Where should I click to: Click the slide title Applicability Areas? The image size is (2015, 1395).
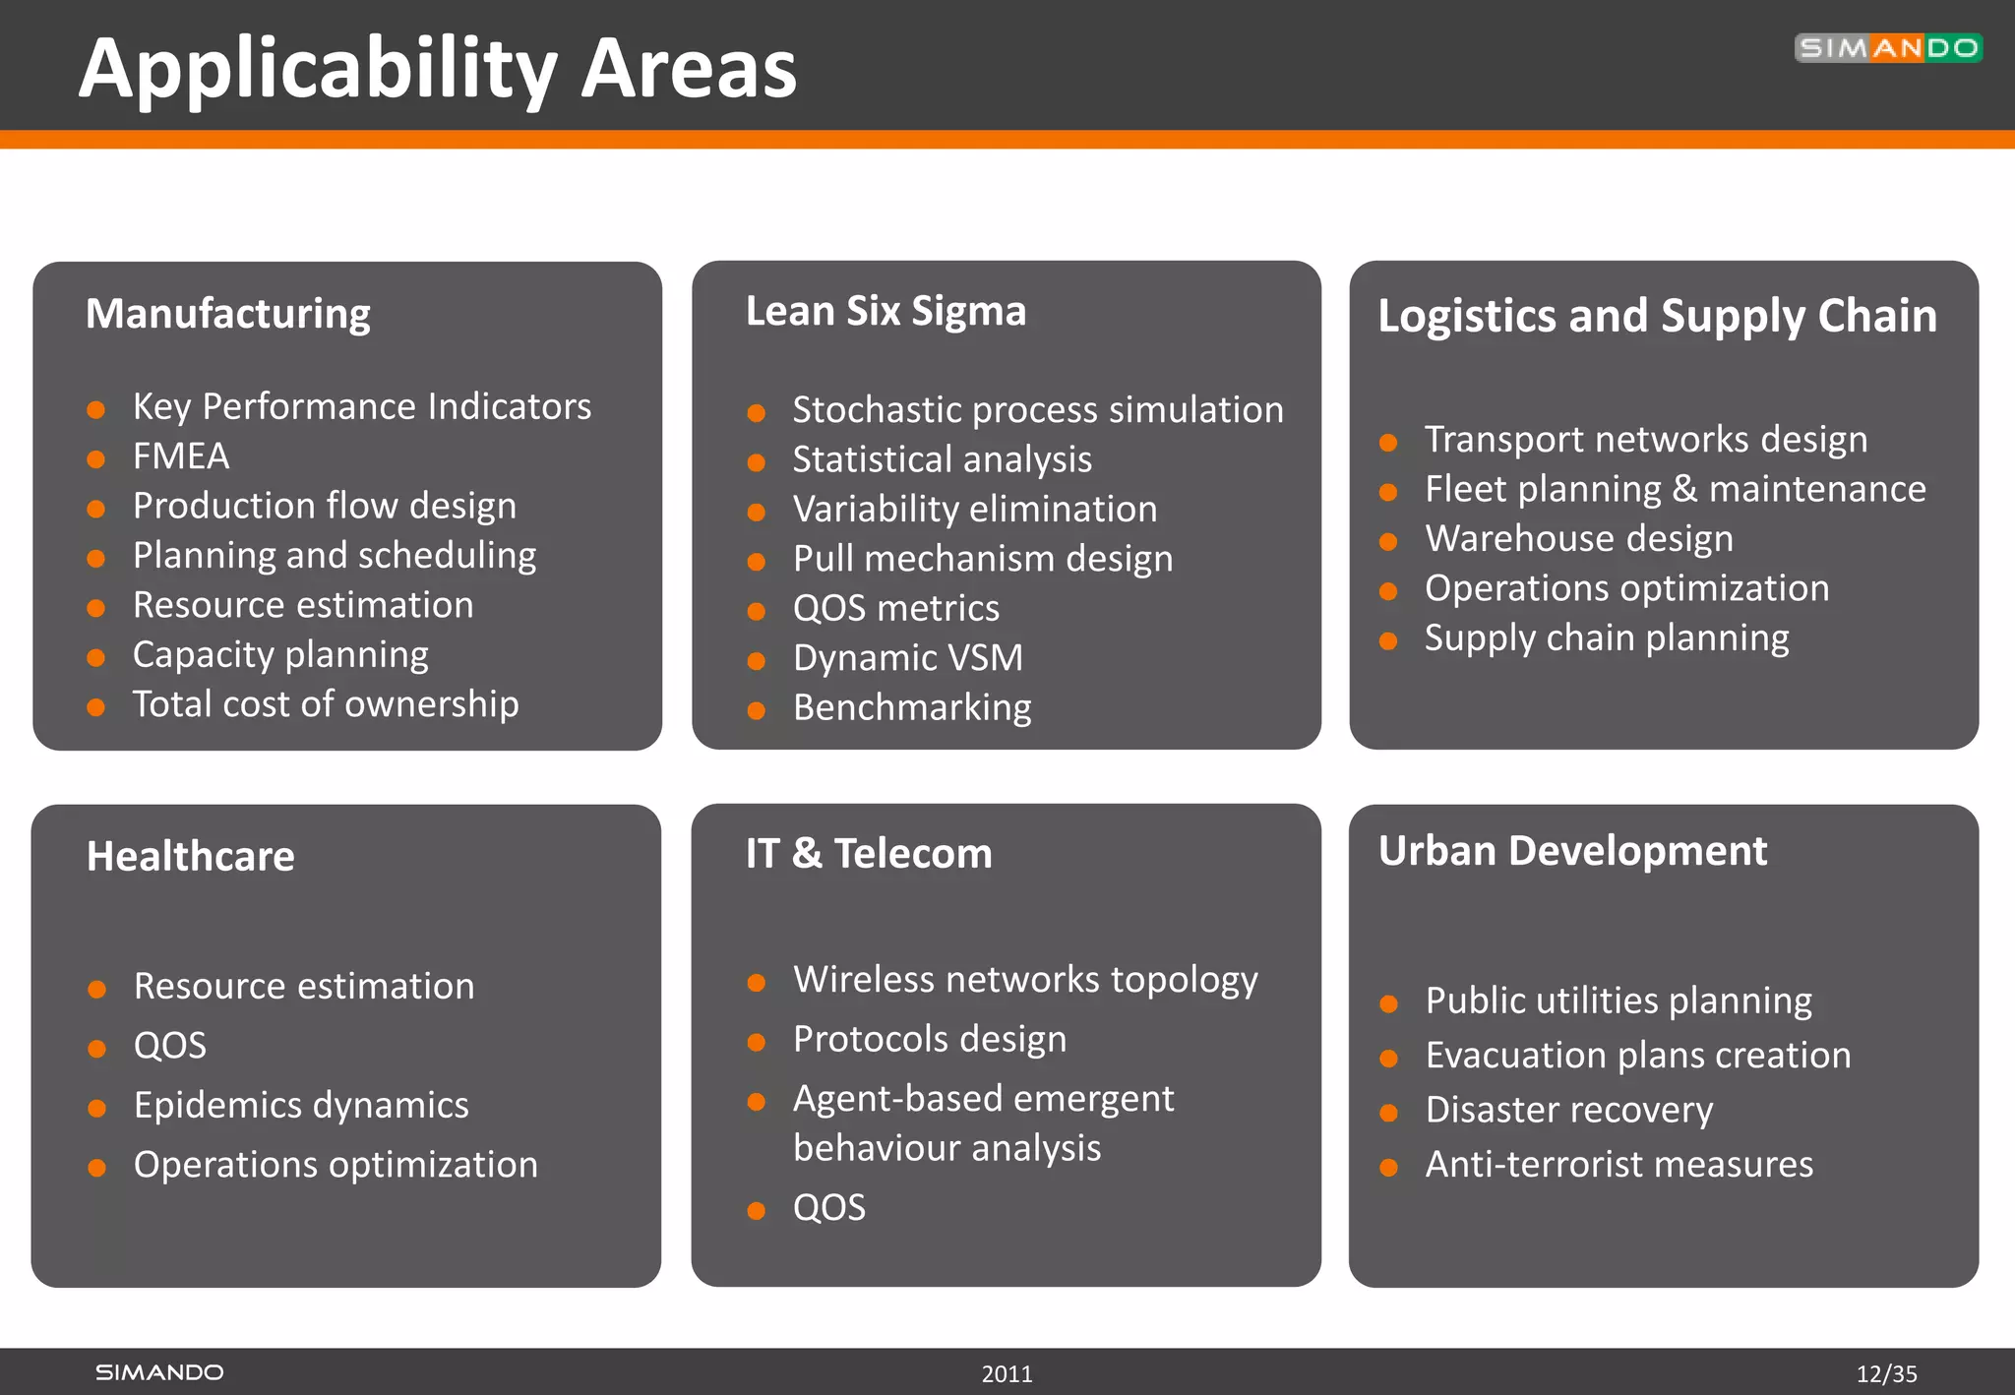tap(437, 69)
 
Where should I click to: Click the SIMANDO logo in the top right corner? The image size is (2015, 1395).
tap(1887, 47)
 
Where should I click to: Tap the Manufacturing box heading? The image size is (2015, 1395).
tap(227, 314)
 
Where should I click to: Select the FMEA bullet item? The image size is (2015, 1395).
tap(181, 456)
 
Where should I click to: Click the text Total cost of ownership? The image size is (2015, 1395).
tap(326, 704)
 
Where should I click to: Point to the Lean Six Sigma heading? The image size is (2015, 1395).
tap(885, 311)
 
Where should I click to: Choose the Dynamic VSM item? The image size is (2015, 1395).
tap(907, 658)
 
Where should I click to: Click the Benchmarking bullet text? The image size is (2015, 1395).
tap(912, 707)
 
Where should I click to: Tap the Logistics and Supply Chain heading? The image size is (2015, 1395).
tap(1657, 316)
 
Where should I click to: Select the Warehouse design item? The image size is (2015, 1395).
tap(1578, 539)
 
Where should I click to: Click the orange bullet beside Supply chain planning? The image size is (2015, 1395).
tap(1388, 641)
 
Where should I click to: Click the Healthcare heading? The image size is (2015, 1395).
tap(190, 856)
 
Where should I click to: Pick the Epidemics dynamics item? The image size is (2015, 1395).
tap(301, 1105)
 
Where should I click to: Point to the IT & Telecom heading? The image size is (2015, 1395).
tap(868, 853)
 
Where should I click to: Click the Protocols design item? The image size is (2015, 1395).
tap(929, 1039)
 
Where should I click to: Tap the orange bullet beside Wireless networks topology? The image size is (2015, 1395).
tap(756, 983)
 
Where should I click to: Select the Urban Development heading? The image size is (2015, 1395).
tap(1572, 851)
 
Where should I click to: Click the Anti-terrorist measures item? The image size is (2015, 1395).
tap(1618, 1165)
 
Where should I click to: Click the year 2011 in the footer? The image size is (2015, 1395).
tap(1007, 1373)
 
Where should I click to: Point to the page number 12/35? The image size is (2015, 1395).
tap(1886, 1373)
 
